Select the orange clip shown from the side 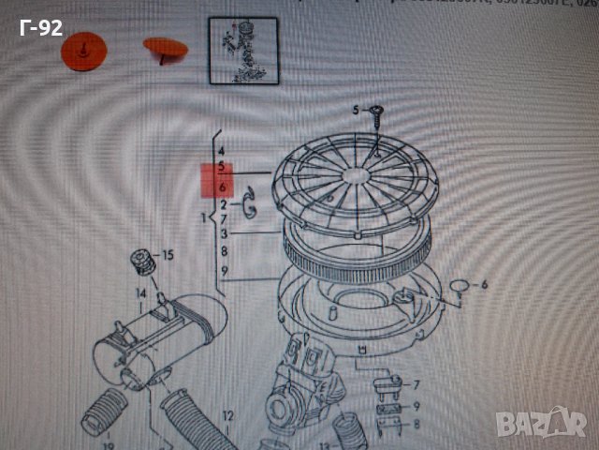point(166,48)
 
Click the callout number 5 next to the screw point(356,111)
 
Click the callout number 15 point(168,255)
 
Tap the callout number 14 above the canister point(141,294)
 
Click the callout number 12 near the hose point(227,414)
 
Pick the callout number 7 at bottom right point(416,384)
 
